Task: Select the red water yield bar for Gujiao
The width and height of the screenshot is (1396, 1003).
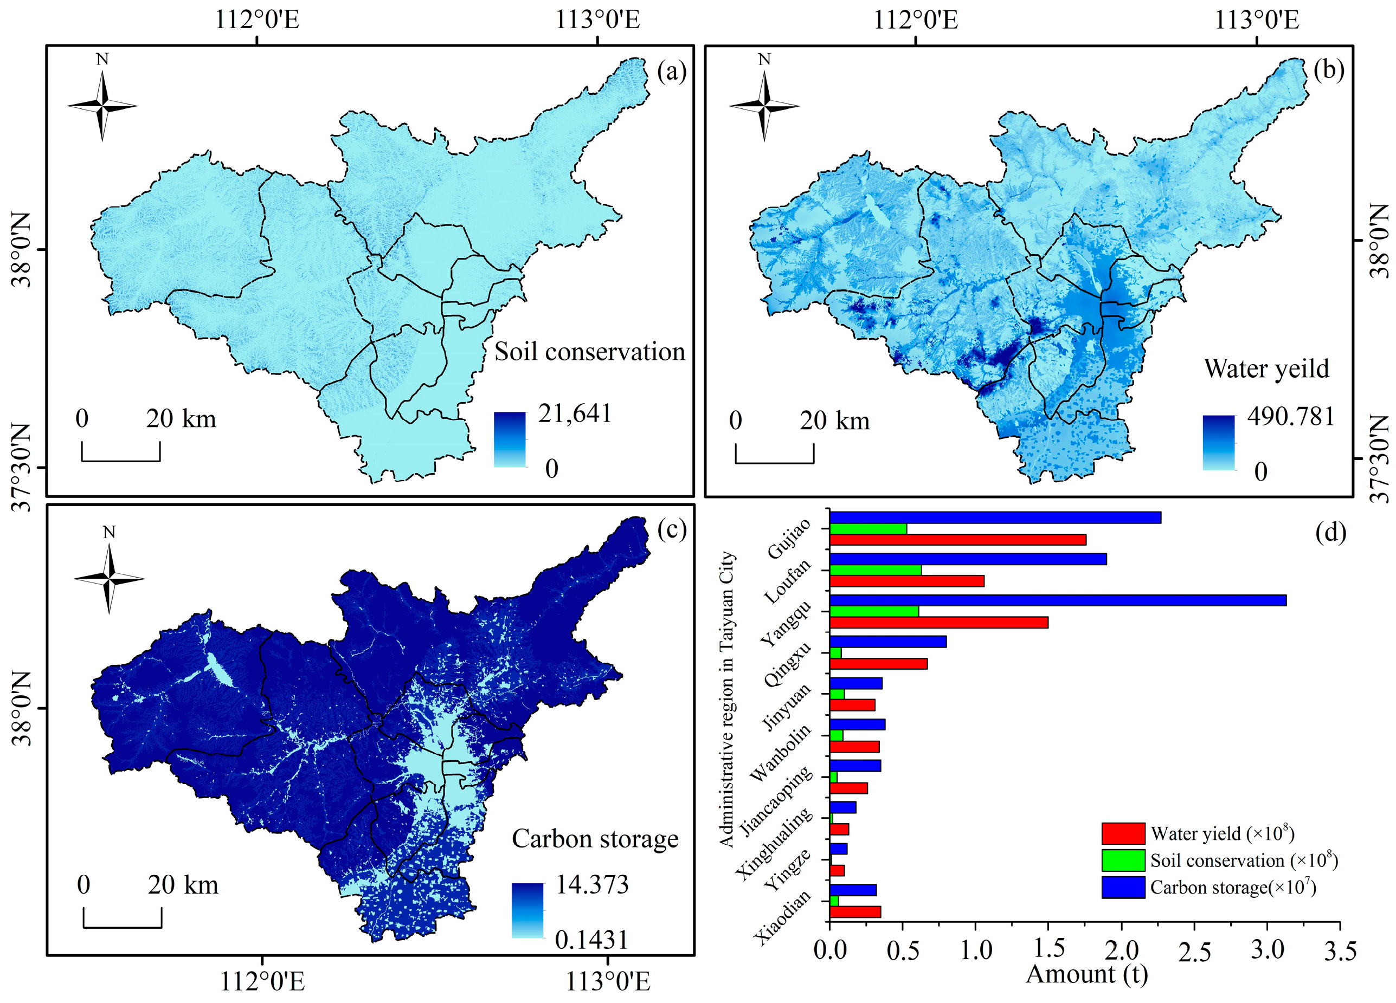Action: (957, 540)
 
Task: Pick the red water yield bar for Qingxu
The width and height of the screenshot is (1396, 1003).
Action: (878, 664)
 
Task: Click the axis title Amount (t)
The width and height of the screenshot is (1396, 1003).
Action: (1086, 975)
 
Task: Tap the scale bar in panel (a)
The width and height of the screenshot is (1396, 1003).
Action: (121, 452)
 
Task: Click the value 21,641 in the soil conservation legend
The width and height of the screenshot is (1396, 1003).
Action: (575, 413)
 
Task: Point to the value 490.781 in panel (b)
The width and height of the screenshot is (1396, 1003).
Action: (1291, 417)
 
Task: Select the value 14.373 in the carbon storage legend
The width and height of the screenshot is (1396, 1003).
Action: (592, 885)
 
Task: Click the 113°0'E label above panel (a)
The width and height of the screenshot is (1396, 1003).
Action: (597, 20)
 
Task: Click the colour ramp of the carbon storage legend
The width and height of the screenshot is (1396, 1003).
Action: (527, 910)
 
